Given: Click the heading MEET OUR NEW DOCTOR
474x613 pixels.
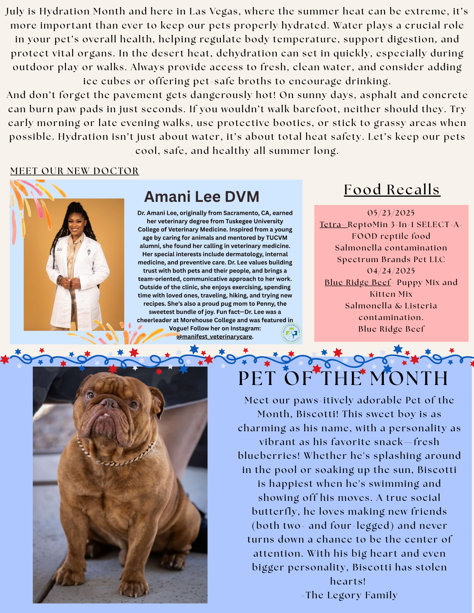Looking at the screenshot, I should point(75,171).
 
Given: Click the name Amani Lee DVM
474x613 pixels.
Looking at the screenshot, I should point(202,197).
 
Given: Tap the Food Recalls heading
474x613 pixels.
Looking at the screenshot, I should point(392,189).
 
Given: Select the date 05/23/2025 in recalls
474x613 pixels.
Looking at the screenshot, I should point(391,213).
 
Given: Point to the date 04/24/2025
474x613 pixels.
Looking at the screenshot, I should point(391,271).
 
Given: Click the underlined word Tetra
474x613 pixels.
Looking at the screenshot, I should point(332,225).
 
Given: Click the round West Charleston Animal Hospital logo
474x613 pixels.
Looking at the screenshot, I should point(291,333).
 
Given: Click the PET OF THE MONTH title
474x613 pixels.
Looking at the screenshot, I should point(343,378).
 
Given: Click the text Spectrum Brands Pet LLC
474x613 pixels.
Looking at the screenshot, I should point(391,259).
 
